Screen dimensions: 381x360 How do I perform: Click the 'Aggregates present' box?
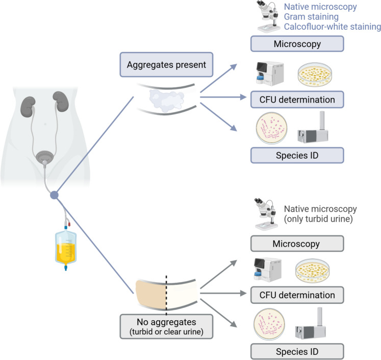(166, 65)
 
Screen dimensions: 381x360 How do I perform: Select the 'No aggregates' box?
(166, 327)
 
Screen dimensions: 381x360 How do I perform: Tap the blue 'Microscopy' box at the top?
(297, 44)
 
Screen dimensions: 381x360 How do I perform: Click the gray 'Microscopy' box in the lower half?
(297, 244)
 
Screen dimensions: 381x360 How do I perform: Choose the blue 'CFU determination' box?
(297, 100)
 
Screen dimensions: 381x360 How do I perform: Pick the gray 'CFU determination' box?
(297, 295)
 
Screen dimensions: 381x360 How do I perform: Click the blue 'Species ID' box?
(297, 155)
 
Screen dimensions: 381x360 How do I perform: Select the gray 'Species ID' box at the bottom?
(297, 351)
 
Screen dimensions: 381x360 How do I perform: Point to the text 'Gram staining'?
(311, 17)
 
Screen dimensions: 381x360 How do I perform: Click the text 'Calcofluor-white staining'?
(333, 27)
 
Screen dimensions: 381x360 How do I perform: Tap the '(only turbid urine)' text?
(318, 219)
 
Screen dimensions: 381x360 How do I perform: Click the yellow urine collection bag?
(66, 248)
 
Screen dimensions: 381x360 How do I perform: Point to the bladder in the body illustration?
(44, 157)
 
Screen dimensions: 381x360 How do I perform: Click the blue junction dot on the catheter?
(54, 195)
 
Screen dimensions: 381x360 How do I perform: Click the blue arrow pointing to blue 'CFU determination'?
(223, 97)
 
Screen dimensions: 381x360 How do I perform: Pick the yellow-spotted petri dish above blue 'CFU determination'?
(315, 75)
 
